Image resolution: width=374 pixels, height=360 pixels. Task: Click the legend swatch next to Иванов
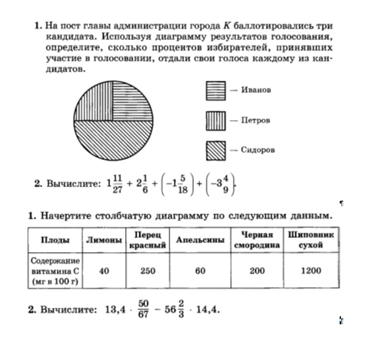pos(216,91)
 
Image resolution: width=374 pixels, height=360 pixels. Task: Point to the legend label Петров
pos(255,120)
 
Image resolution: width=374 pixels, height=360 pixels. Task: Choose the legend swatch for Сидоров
pos(216,150)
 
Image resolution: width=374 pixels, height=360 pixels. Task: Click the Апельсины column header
pos(200,240)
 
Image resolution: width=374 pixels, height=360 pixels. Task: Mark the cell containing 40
pos(103,271)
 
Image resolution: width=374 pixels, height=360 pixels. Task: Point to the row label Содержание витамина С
pos(54,271)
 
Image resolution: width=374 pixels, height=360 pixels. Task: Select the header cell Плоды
pos(54,240)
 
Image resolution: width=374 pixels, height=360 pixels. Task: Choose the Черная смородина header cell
pos(256,240)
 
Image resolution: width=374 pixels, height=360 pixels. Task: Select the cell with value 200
pos(256,271)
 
